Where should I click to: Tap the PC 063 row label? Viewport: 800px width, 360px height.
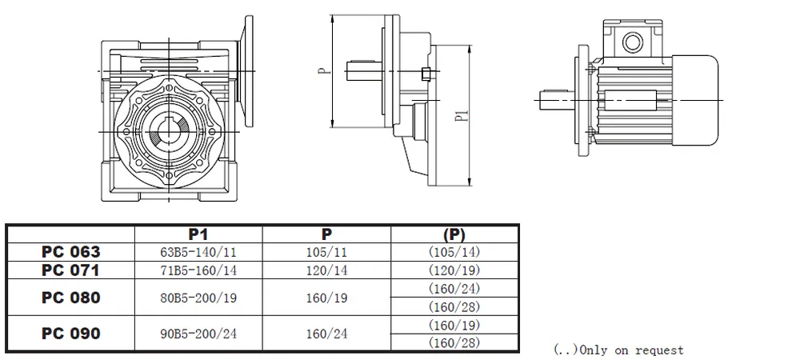tap(71, 251)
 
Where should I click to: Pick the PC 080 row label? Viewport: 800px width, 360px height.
tap(71, 298)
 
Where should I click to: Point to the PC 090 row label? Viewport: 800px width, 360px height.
tap(71, 334)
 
